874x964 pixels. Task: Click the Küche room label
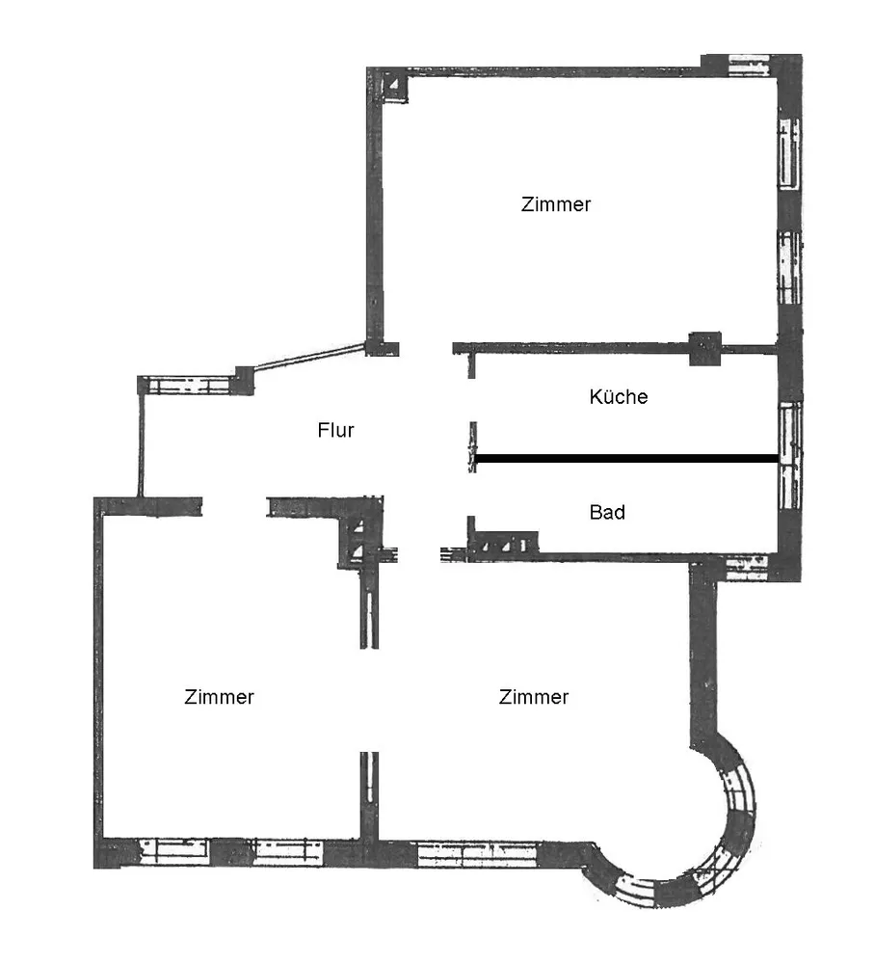click(x=619, y=396)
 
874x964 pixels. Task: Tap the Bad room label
click(x=607, y=512)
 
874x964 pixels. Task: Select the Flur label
click(x=335, y=430)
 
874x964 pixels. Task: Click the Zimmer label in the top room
click(x=556, y=204)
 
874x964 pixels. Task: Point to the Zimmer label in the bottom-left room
click(x=219, y=697)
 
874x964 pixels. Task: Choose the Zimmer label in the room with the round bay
click(x=534, y=697)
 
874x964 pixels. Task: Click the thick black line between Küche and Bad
click(x=626, y=458)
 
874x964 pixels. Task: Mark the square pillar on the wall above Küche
click(x=705, y=349)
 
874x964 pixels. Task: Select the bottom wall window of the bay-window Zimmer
click(x=478, y=854)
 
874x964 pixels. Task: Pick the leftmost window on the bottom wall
click(x=174, y=852)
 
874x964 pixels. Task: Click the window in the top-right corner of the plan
click(x=749, y=65)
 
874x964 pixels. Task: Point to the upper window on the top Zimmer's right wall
click(x=789, y=152)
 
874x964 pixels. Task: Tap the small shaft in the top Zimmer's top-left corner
click(x=394, y=85)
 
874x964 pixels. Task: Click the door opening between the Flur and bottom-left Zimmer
click(x=234, y=507)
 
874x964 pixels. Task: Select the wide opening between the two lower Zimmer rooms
click(x=369, y=700)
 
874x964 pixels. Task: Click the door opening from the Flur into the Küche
click(x=472, y=400)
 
